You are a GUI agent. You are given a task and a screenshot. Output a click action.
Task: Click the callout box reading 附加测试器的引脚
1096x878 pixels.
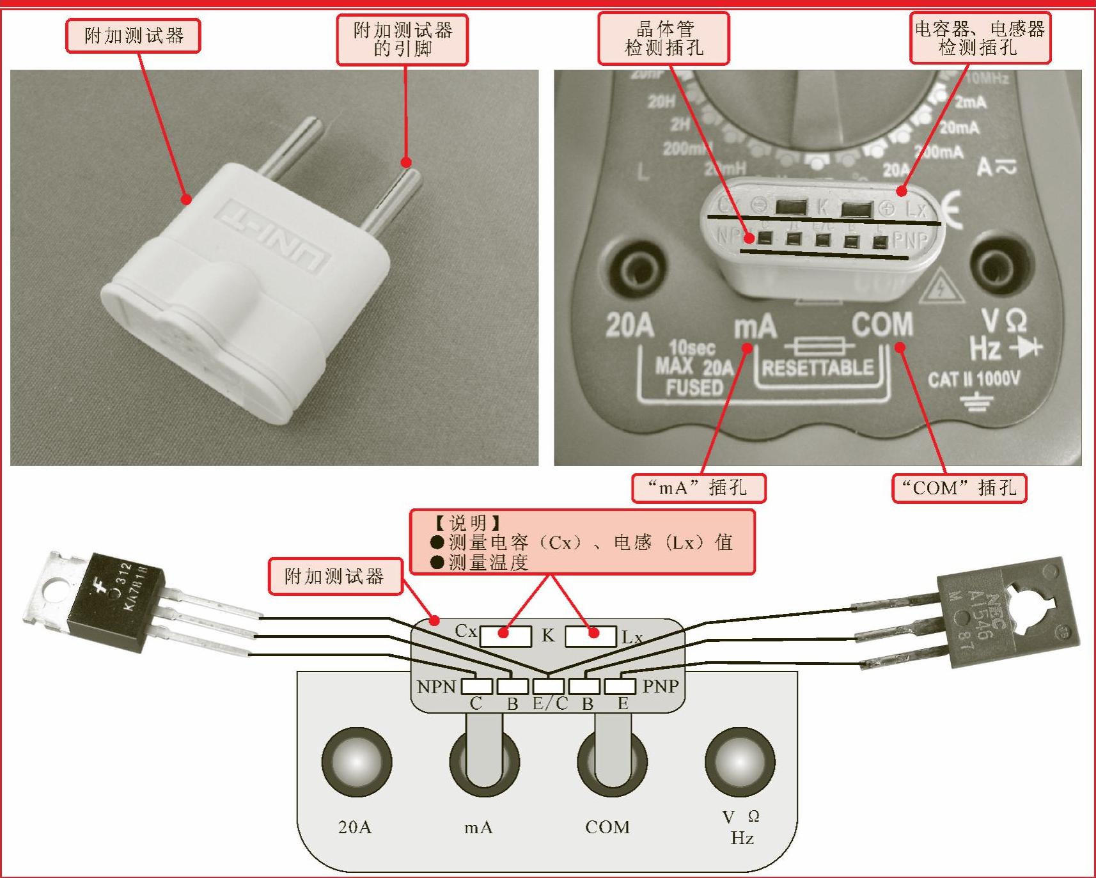402,40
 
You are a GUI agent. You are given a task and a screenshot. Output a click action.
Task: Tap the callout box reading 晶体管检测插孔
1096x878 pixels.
663,38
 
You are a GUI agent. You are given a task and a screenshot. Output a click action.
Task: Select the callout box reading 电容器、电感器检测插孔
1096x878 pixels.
980,38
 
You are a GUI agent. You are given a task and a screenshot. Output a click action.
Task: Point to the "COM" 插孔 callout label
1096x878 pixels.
959,488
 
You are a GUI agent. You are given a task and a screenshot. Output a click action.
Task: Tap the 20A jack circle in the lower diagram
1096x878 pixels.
356,762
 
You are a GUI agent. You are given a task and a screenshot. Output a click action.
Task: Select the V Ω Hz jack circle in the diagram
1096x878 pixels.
739,762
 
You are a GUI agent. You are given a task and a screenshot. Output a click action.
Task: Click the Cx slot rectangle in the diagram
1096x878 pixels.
505,636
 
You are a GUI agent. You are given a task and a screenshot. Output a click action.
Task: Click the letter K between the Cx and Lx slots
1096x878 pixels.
548,636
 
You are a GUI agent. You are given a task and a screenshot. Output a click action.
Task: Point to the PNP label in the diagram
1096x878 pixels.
661,686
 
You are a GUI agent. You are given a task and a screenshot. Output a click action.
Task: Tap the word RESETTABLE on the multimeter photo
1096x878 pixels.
817,368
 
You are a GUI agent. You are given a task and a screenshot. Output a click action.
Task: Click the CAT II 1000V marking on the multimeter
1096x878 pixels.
973,379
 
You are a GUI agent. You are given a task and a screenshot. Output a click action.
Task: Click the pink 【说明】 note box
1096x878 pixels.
582,542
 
